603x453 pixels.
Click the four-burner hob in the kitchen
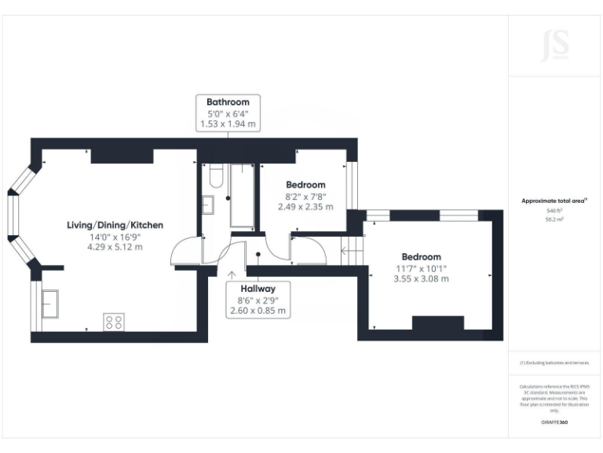114,321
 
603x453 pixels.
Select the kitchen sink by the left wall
50,303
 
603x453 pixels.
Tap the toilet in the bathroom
215,177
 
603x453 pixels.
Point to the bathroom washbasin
210,205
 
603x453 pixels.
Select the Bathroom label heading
228,102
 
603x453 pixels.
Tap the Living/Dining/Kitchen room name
115,225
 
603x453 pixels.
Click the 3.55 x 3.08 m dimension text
422,278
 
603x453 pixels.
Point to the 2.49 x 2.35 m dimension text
305,208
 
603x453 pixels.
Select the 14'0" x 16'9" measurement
115,236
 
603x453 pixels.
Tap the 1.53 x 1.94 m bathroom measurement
228,124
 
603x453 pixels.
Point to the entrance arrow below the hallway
232,274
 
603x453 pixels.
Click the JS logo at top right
555,45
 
